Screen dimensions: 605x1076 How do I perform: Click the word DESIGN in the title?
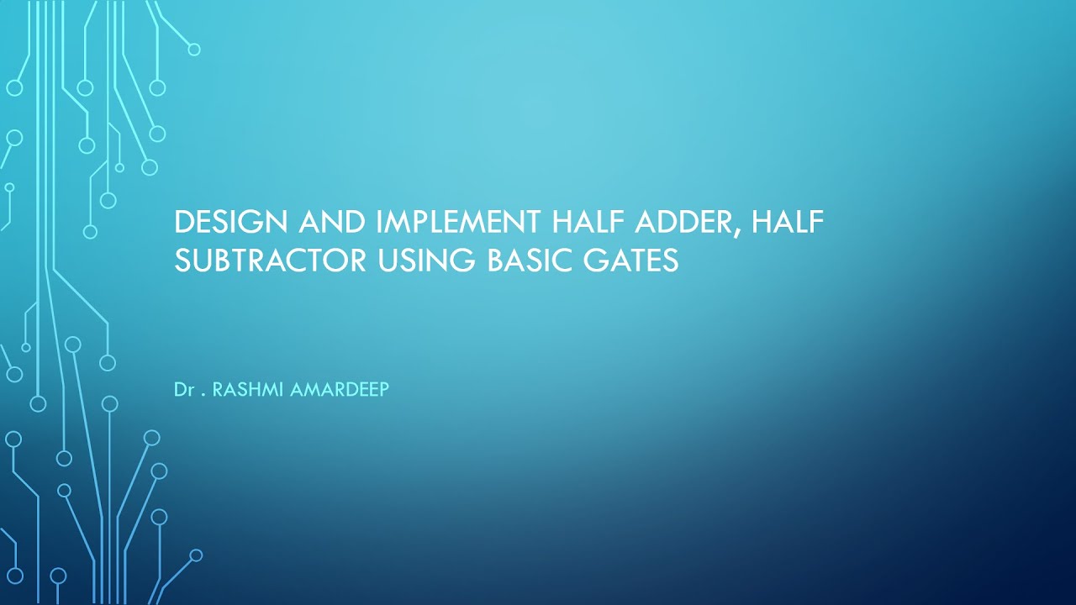(x=227, y=223)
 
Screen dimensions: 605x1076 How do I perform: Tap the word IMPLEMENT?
(x=459, y=223)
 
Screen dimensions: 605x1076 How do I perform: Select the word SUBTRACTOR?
(x=270, y=260)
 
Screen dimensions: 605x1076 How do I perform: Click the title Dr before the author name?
(x=184, y=391)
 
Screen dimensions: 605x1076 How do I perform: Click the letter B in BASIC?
(x=496, y=260)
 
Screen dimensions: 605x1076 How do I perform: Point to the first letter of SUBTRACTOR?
(x=182, y=260)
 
